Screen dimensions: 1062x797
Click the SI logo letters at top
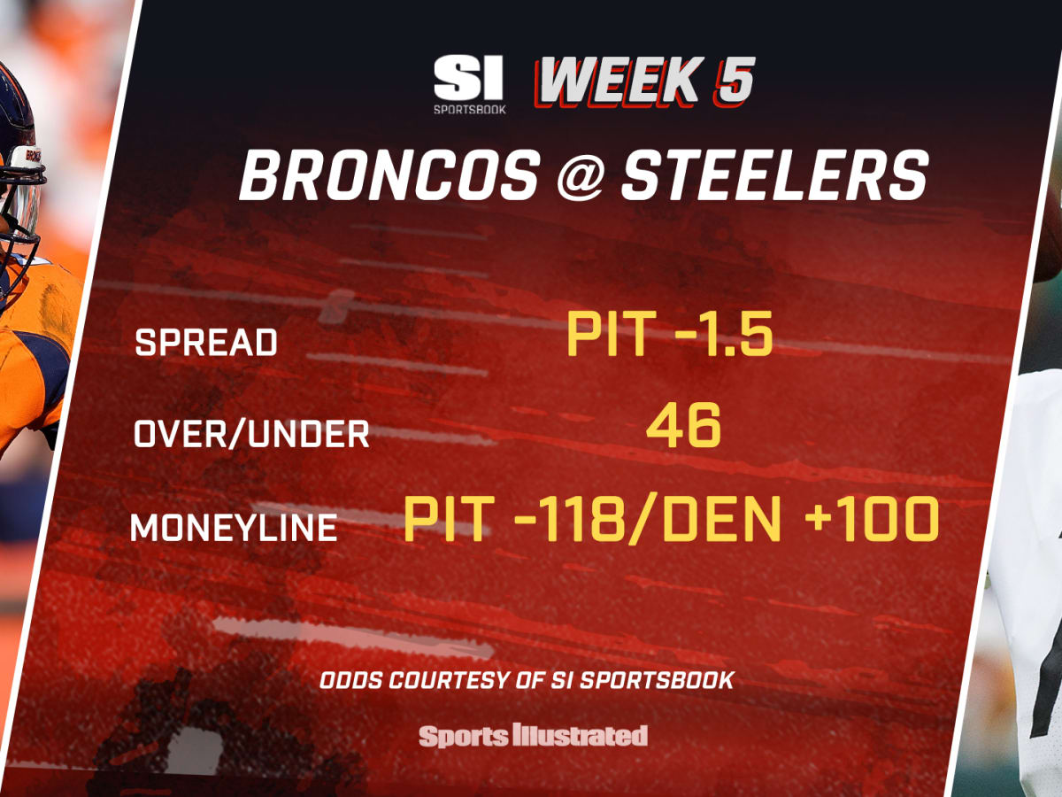point(468,78)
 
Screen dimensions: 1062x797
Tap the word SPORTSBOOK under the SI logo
point(469,109)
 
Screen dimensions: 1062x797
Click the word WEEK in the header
point(619,81)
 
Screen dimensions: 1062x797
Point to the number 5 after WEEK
point(734,81)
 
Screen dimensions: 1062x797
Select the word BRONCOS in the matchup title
point(389,174)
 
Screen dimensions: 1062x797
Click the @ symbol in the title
point(581,175)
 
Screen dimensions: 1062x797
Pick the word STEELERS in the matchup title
point(775,174)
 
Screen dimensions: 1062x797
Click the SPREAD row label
point(206,343)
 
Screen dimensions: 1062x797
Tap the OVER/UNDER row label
point(251,434)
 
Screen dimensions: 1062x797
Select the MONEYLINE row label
point(234,527)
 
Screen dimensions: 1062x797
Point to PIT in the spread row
point(612,334)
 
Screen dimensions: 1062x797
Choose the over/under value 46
point(683,425)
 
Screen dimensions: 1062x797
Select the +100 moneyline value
point(872,518)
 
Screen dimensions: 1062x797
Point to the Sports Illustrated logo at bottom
point(533,736)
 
